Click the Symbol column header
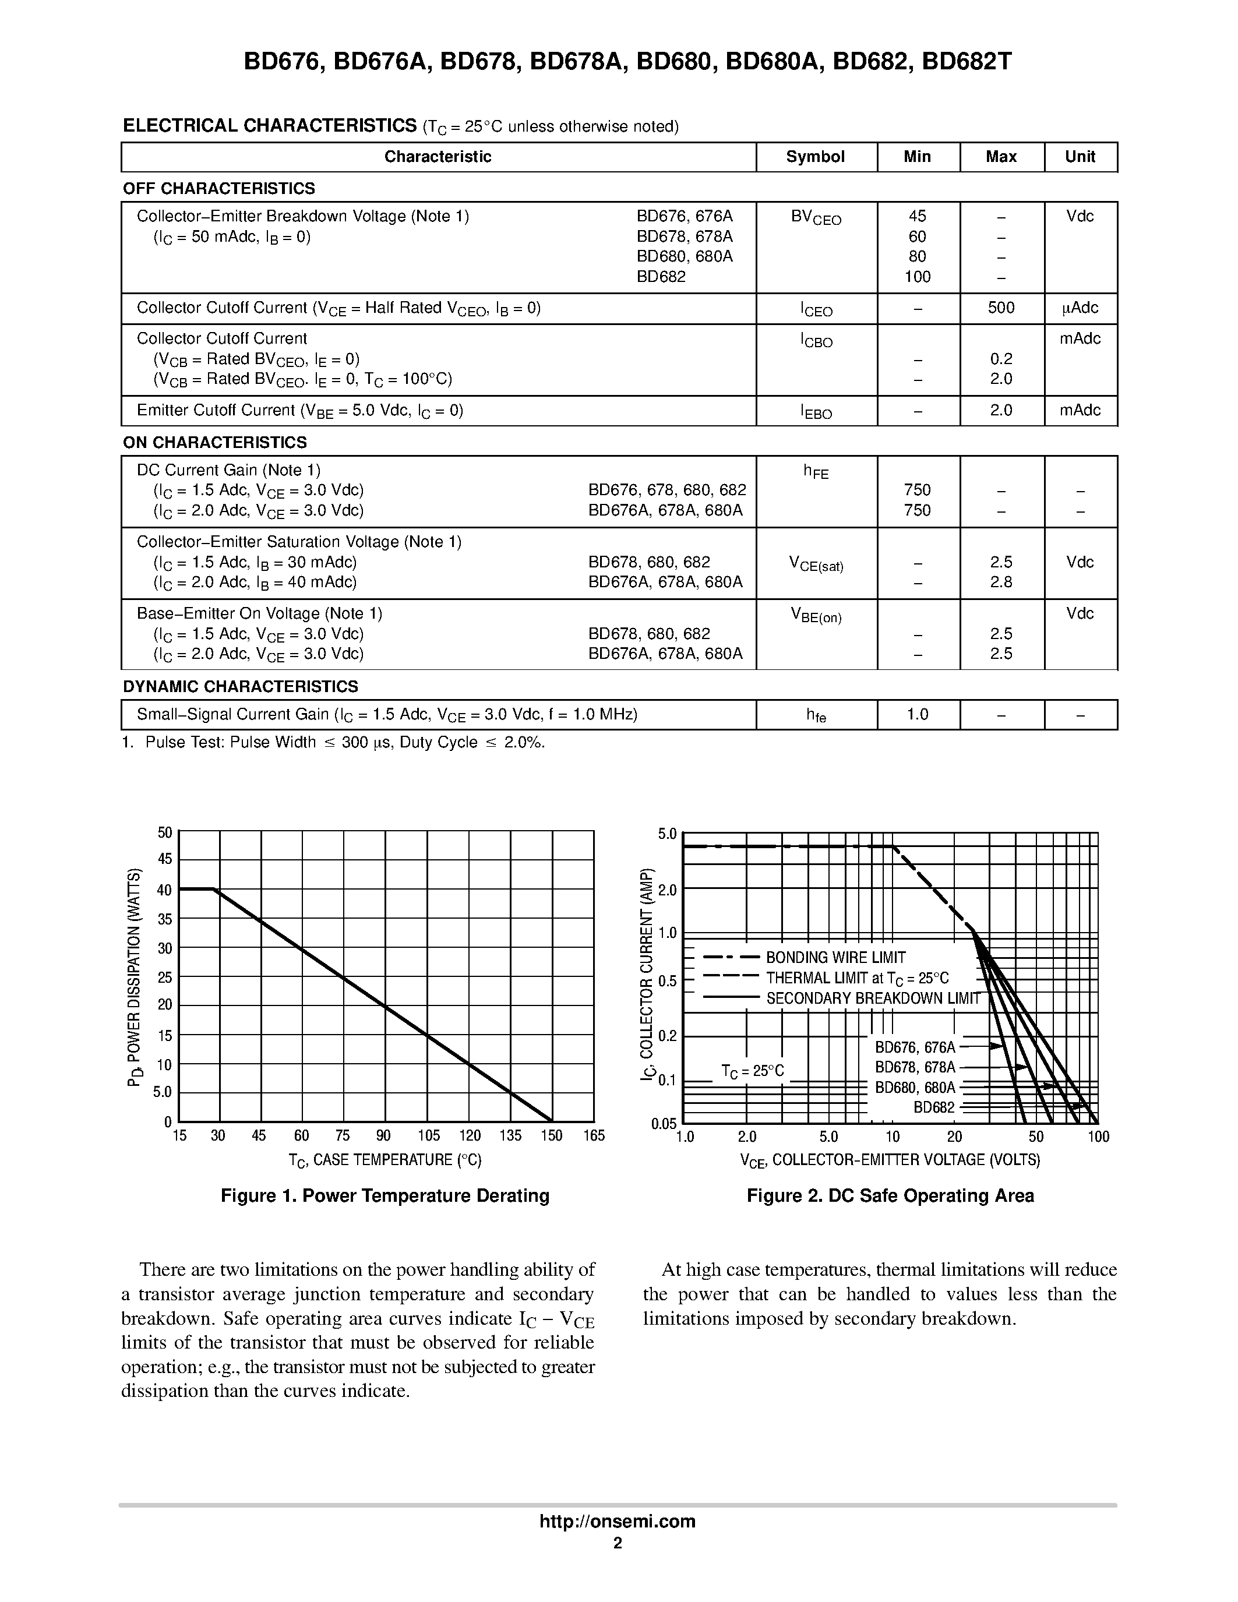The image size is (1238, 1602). click(815, 157)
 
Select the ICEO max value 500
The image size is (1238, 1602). click(1000, 308)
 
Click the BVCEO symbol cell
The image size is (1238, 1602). click(816, 218)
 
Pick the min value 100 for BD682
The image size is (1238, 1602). click(917, 277)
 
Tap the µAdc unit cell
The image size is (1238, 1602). click(1080, 308)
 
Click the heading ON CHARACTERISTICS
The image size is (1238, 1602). click(215, 442)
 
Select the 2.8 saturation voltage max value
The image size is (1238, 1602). click(1000, 583)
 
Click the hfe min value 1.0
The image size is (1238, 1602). click(917, 714)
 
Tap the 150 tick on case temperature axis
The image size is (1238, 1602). click(552, 1136)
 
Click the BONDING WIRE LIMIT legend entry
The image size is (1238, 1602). click(835, 958)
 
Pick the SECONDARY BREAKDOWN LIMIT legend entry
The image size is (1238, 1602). click(873, 999)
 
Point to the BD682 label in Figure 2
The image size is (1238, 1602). click(934, 1107)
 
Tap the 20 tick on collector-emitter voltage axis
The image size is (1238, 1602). click(954, 1137)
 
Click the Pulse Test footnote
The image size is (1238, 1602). click(334, 742)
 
